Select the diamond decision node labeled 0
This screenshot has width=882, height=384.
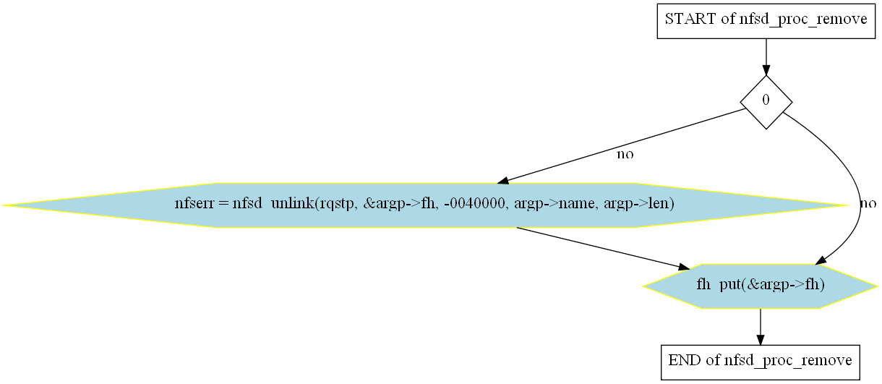tap(766, 102)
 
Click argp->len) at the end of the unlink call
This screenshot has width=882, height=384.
tap(639, 204)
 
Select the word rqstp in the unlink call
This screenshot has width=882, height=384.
tap(337, 204)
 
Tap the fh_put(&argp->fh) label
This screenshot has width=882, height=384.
tap(761, 284)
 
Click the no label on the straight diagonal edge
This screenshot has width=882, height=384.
tap(625, 154)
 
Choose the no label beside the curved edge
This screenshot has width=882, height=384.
tap(868, 204)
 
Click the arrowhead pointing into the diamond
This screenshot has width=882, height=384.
tap(766, 70)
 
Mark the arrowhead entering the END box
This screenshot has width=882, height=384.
tap(761, 341)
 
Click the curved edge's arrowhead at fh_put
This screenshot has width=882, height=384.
tap(821, 260)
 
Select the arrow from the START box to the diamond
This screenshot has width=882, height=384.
tap(766, 57)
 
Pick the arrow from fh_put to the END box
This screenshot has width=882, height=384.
tap(761, 327)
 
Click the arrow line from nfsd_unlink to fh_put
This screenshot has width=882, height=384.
tap(603, 249)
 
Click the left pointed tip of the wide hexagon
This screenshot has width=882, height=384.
tap(2, 205)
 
